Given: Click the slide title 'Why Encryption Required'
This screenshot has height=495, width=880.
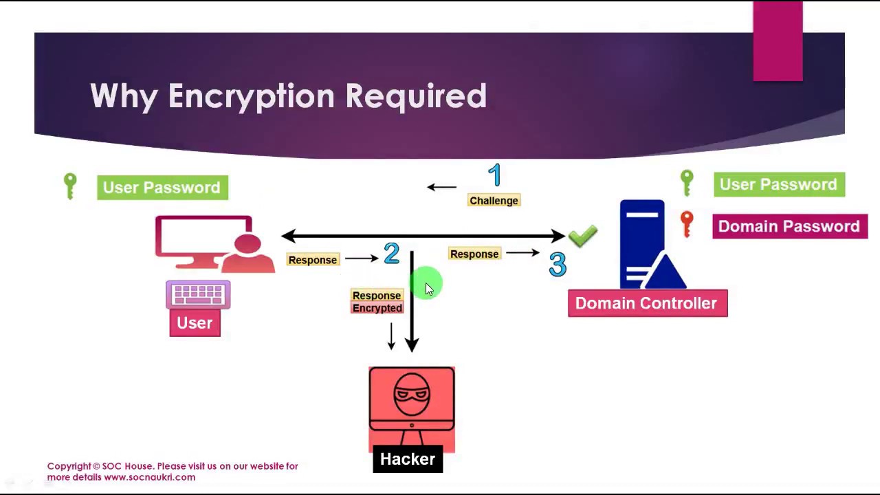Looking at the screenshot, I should [288, 96].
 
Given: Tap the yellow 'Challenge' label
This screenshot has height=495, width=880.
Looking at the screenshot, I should [494, 201].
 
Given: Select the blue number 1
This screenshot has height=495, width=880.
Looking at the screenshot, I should [495, 175].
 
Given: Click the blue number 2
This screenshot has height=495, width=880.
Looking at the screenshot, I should [391, 254].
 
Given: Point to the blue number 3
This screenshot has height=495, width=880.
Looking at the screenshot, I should [558, 265].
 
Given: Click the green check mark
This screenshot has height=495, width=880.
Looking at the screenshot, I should [583, 236].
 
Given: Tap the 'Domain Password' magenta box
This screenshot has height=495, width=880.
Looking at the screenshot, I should [789, 227].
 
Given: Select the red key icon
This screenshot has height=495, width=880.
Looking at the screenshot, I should [686, 223].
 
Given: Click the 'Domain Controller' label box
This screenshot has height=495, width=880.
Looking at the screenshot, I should [647, 303].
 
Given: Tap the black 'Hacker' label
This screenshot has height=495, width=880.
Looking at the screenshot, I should [408, 459].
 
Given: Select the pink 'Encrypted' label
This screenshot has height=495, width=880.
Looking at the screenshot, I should [377, 309].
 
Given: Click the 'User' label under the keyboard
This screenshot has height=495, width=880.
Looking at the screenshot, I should [195, 323].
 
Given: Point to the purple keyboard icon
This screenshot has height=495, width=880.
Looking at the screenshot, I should [198, 295].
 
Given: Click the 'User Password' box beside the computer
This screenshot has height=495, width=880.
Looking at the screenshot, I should [162, 188].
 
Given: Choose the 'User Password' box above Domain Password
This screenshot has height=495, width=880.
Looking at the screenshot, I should [778, 184].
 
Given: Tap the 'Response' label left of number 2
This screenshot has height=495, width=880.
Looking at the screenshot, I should [313, 260].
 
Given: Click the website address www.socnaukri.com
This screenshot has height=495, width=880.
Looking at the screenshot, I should [149, 477].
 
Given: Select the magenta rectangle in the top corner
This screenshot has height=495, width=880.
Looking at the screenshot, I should [778, 41].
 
